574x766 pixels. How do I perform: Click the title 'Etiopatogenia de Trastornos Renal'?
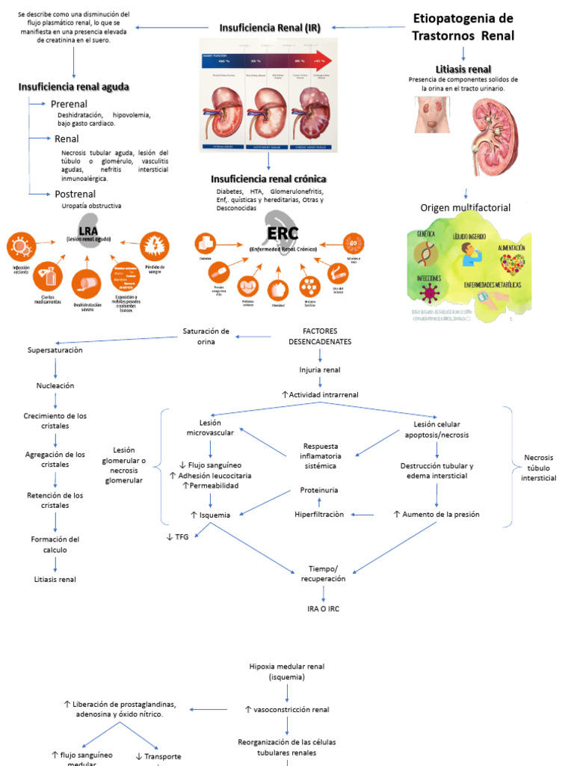(463, 27)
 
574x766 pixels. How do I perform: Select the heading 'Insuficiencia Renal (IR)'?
(270, 28)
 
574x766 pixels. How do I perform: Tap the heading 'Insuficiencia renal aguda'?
(74, 87)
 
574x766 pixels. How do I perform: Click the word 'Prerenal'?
(69, 104)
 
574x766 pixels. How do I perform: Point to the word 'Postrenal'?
(75, 194)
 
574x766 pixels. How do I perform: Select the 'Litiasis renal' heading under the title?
(463, 69)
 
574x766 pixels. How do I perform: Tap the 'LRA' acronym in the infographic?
(88, 230)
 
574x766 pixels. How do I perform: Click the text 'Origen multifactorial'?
(465, 207)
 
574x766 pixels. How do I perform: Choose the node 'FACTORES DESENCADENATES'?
(320, 336)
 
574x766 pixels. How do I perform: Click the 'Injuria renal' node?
(320, 370)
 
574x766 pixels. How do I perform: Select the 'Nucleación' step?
(55, 385)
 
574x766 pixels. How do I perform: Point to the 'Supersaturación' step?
(55, 349)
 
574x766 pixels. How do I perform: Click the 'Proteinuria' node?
(319, 490)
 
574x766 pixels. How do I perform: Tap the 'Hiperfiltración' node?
(319, 515)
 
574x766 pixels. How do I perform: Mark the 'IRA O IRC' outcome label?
(323, 608)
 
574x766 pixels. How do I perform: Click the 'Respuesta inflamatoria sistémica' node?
(321, 456)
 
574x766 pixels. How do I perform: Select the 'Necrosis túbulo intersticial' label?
(538, 467)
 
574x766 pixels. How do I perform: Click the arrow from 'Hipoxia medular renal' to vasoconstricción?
(288, 693)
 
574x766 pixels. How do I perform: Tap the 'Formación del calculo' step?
(55, 544)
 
